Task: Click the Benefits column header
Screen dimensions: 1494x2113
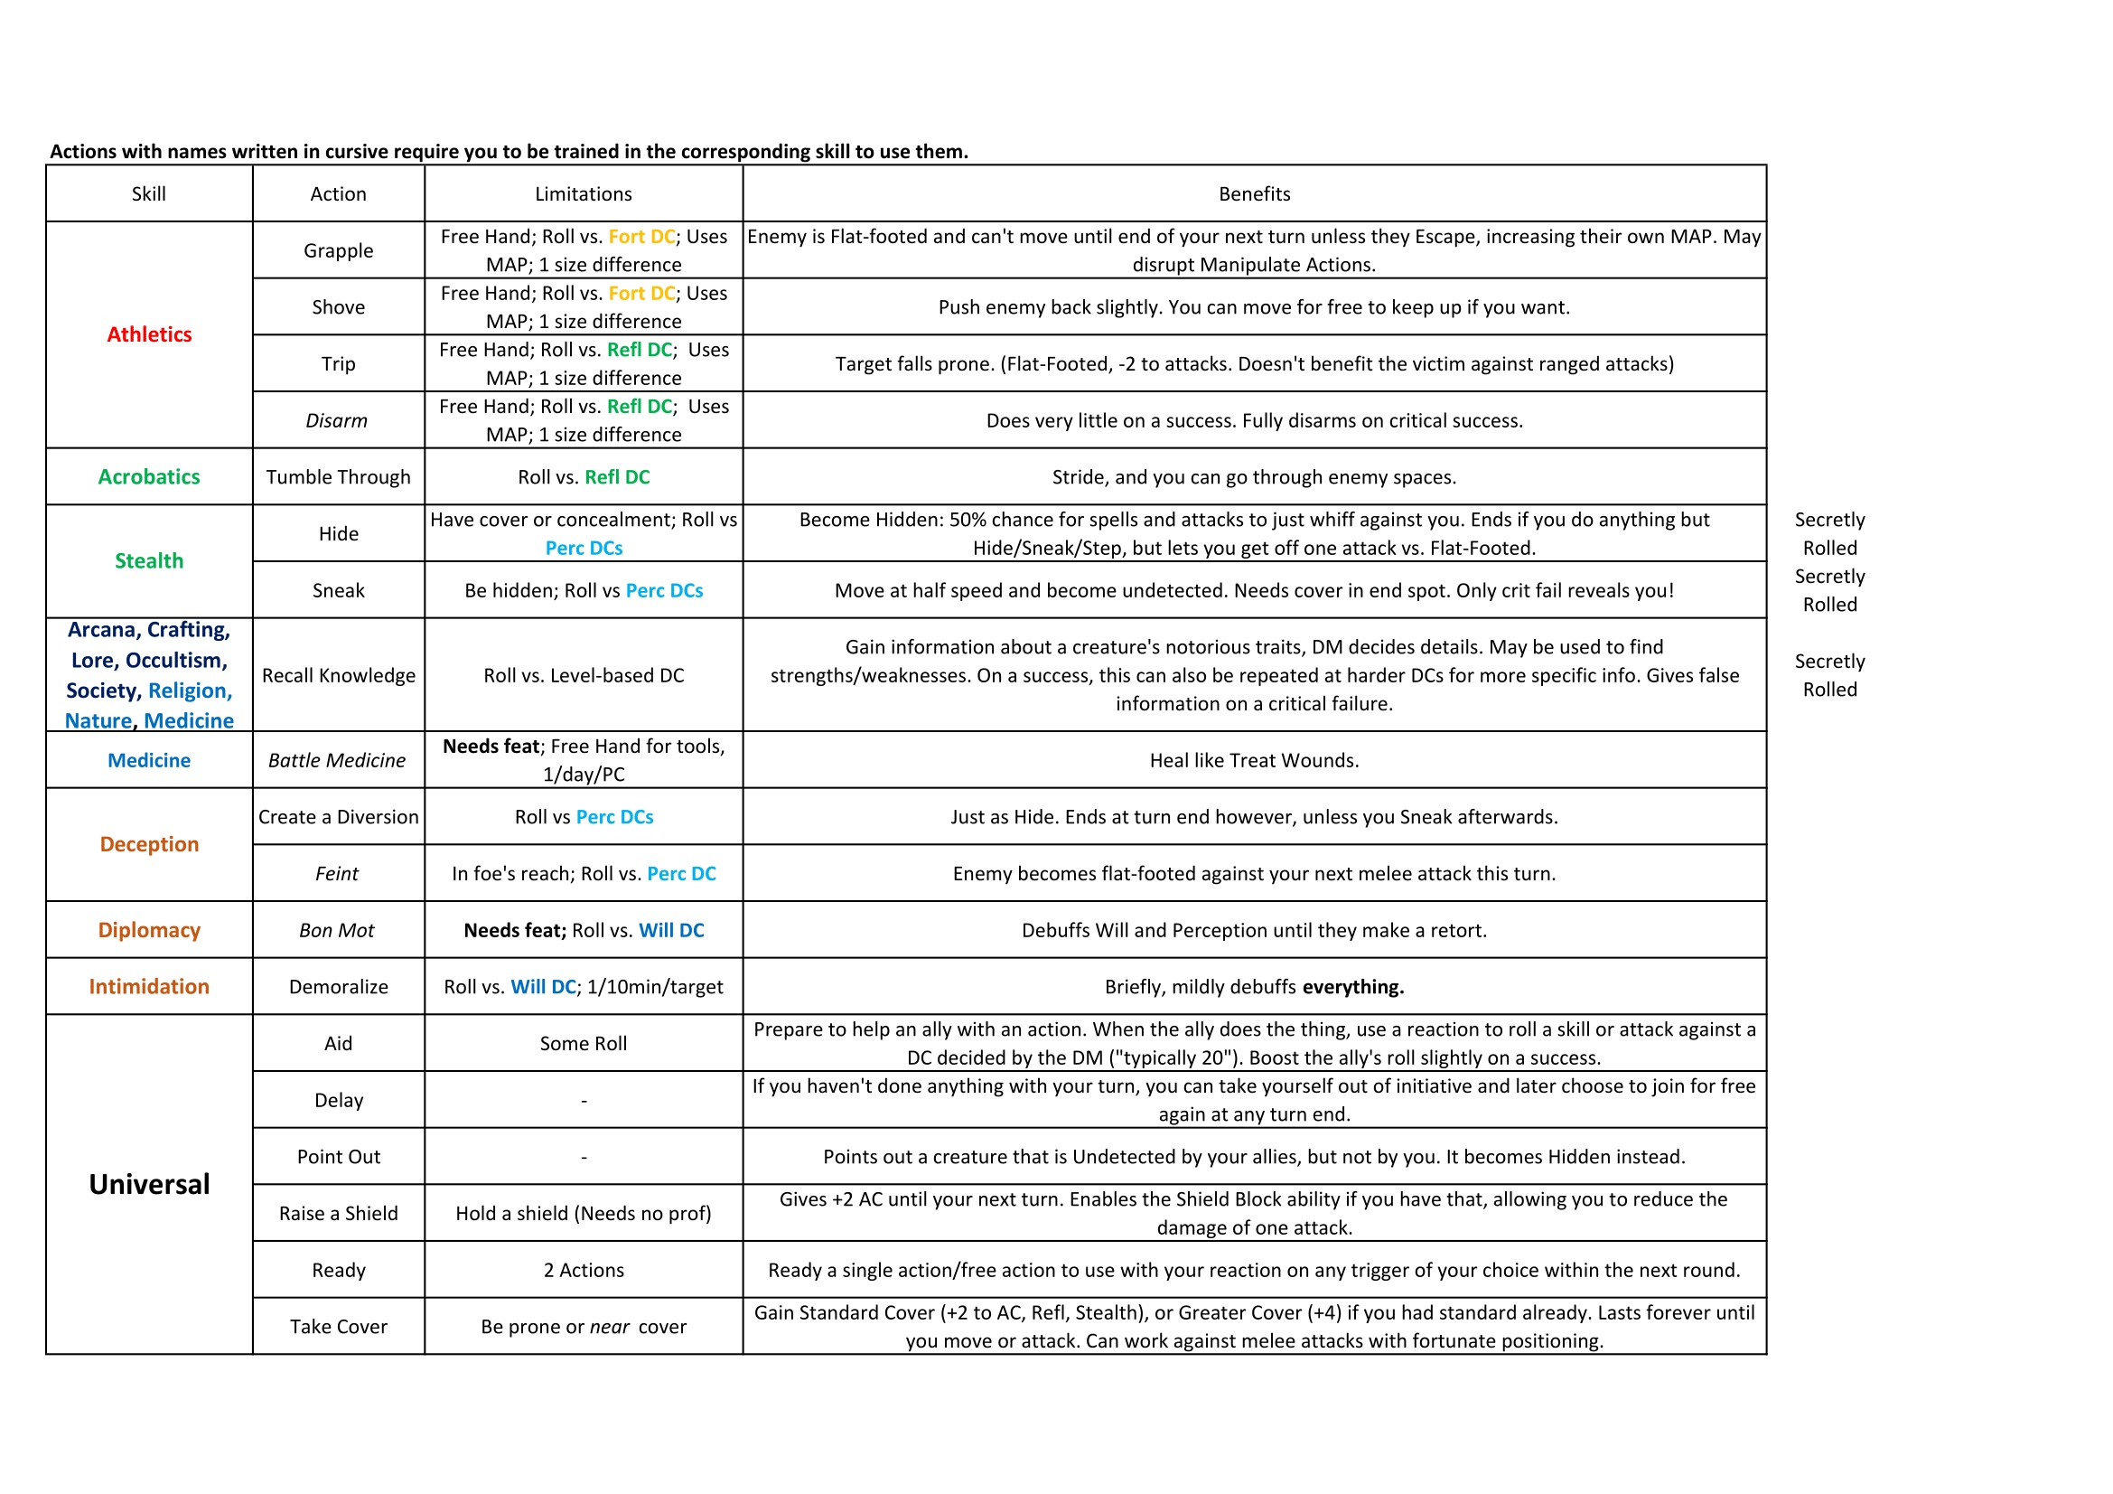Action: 1254,194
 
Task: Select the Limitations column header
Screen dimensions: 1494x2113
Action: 584,194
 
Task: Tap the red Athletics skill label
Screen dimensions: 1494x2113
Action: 149,335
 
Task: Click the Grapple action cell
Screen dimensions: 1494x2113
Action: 339,250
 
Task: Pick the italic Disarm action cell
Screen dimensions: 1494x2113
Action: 337,420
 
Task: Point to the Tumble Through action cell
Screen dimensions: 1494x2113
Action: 339,477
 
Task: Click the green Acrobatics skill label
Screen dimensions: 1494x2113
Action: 149,477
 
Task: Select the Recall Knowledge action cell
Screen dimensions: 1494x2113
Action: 339,676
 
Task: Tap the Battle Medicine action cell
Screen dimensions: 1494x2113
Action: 337,760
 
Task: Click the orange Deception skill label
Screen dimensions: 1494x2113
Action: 149,844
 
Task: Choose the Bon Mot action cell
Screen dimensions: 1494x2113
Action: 337,931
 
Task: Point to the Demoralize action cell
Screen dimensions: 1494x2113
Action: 339,987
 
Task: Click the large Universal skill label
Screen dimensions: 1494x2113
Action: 149,1185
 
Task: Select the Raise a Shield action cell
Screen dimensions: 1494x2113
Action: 339,1213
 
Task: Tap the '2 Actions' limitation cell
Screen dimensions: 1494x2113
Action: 584,1271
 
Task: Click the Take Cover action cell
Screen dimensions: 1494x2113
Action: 339,1327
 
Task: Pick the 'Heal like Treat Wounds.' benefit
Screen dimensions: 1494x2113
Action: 1254,760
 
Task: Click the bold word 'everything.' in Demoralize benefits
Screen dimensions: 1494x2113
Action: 1353,987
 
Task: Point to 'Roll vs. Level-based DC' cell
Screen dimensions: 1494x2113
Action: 584,676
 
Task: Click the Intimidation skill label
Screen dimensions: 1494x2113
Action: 149,987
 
